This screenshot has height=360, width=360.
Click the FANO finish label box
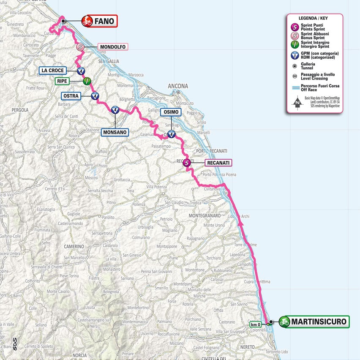click(99, 21)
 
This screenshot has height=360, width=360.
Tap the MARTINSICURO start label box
click(314, 322)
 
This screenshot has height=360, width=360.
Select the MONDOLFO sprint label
click(113, 47)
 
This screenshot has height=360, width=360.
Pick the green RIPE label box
click(62, 80)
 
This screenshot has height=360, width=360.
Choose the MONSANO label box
click(115, 132)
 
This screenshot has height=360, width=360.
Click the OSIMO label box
click(171, 112)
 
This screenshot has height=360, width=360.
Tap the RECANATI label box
click(218, 162)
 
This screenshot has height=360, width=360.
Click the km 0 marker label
click(256, 325)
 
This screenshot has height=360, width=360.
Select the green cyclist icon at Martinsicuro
click(284, 322)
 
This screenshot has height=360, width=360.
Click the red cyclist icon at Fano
click(87, 21)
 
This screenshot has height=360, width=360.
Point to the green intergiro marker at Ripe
click(87, 81)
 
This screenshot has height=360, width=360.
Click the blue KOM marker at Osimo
click(171, 134)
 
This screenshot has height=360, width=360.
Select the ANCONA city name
click(177, 86)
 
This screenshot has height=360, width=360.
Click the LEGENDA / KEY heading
click(314, 19)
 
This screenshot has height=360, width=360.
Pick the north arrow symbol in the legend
click(298, 102)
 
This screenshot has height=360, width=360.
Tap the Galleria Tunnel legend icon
click(294, 65)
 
